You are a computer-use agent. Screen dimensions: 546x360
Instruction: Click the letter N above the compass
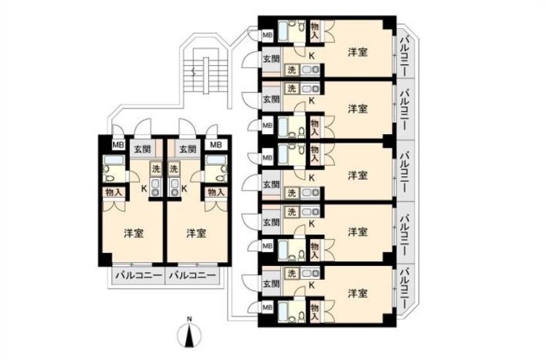tap(189, 319)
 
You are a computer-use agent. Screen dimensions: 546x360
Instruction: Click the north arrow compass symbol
tap(189, 336)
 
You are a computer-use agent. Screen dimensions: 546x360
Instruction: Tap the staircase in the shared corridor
tap(206, 75)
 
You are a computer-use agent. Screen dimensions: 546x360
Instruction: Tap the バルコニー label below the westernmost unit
tap(139, 275)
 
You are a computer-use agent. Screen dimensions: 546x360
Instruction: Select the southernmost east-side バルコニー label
tap(405, 288)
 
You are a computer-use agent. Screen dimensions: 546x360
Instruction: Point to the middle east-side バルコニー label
tap(405, 171)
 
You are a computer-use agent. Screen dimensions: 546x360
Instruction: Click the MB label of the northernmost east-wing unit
tap(267, 35)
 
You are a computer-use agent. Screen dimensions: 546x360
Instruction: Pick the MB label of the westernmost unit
tap(118, 145)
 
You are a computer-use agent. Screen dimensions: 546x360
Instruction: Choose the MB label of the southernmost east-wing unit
tap(267, 308)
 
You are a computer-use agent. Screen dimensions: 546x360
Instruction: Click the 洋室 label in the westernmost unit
tap(134, 233)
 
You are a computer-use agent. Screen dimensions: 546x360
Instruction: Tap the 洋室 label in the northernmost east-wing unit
tap(357, 52)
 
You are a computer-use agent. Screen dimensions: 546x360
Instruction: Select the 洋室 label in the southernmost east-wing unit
tap(357, 294)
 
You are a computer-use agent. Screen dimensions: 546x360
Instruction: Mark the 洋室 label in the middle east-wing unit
tap(357, 175)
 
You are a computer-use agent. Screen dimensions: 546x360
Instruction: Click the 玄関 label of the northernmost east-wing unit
tap(271, 58)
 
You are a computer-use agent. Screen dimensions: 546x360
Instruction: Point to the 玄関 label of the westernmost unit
tap(143, 150)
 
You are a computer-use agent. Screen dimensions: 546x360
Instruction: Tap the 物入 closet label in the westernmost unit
tap(114, 192)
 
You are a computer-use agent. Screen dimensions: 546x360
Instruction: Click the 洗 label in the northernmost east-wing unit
tap(292, 70)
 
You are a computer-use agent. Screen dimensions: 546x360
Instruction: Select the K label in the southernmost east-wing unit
tap(311, 286)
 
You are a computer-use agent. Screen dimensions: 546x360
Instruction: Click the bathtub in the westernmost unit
tap(114, 160)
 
